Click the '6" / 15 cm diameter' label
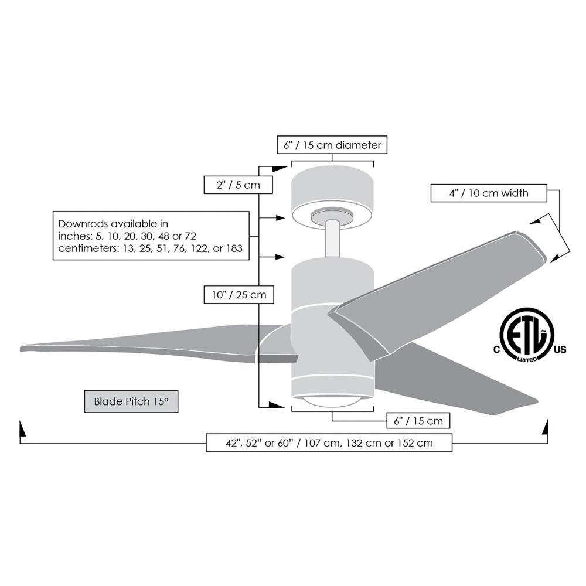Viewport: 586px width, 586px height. [332, 145]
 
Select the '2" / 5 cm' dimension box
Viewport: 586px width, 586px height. [238, 185]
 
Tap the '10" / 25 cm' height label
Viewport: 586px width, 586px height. [239, 295]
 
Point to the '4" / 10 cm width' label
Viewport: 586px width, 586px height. [489, 193]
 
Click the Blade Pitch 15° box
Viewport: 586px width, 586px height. [131, 401]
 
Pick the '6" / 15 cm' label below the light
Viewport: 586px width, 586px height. [418, 421]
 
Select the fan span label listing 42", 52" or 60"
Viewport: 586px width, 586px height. [329, 442]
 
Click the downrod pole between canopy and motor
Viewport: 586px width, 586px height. [332, 238]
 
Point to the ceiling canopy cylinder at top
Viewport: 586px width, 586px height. [332, 196]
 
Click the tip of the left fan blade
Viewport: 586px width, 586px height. [21, 349]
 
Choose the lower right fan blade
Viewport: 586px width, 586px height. [456, 379]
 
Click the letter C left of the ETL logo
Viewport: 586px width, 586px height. [496, 350]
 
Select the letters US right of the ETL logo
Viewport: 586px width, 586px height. [560, 350]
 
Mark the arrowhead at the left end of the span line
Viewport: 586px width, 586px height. [22, 429]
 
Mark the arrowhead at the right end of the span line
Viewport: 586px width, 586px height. [545, 427]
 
